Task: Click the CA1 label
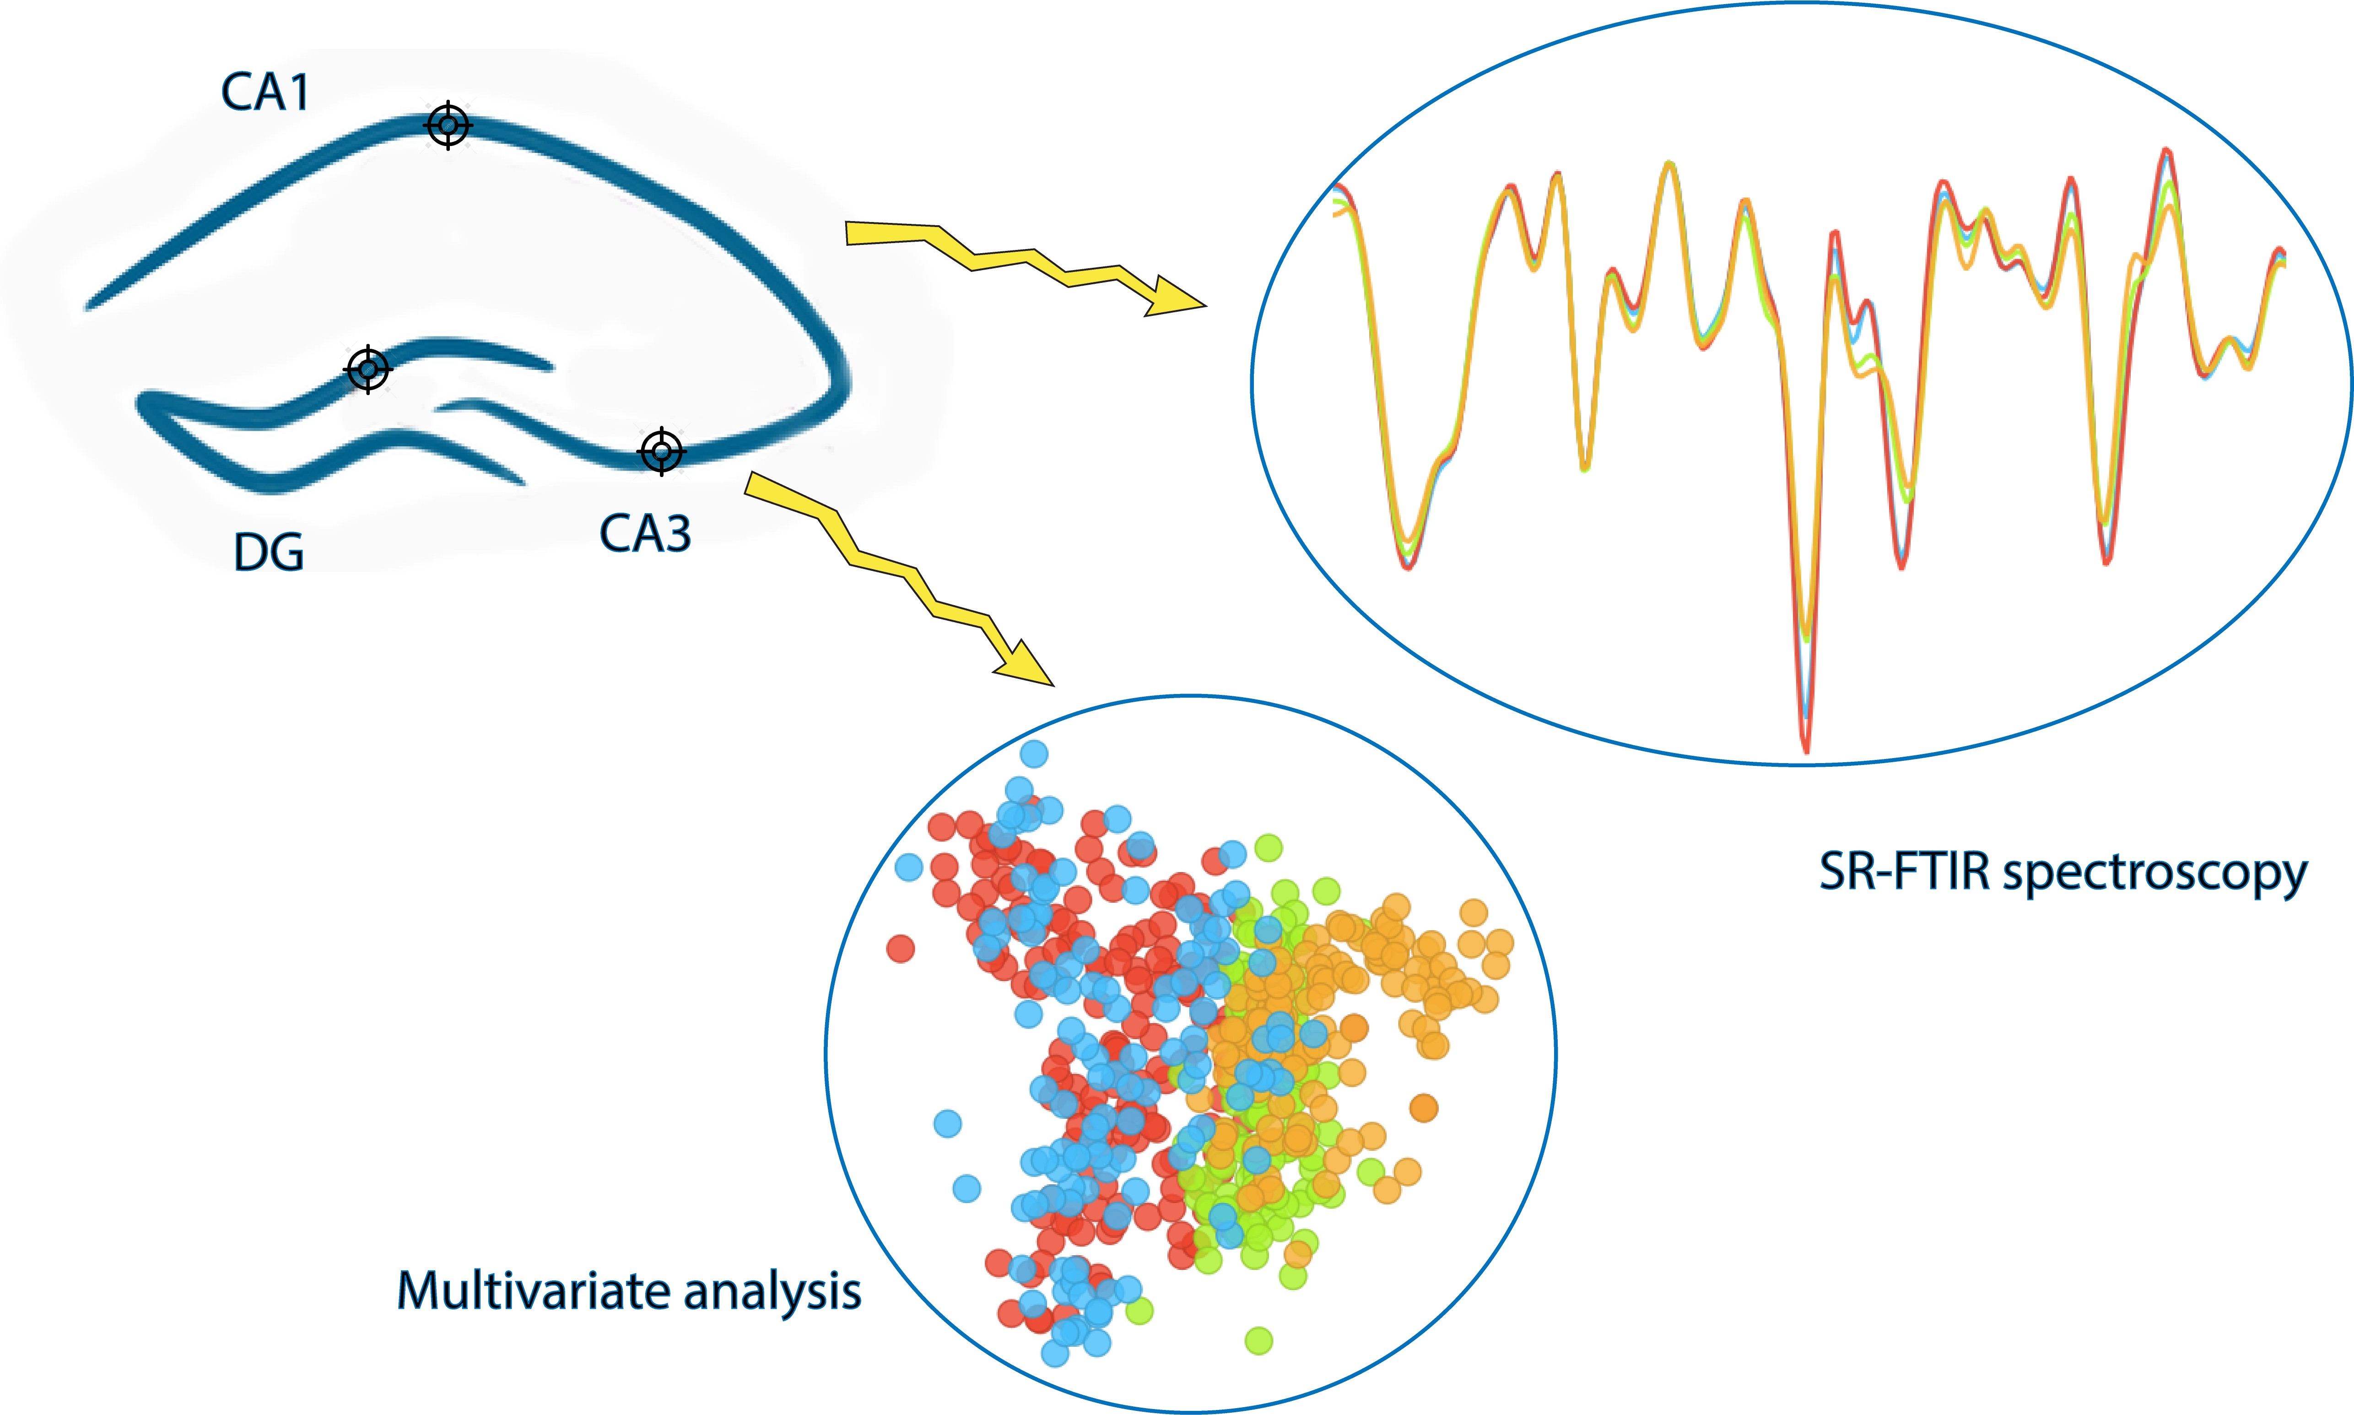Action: tap(265, 92)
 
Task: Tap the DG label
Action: tap(269, 553)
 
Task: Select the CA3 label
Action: tap(645, 534)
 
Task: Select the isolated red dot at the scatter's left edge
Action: tap(901, 949)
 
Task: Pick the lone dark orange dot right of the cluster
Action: tap(1423, 1108)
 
